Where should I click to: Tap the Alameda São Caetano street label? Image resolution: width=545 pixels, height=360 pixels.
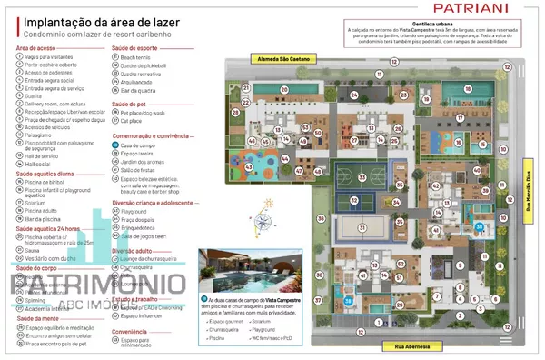277,57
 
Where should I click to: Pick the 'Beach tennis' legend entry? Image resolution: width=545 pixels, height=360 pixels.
135,56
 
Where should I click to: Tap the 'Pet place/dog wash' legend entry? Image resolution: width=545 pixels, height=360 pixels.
145,112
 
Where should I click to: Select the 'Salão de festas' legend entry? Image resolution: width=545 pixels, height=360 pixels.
139,170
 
